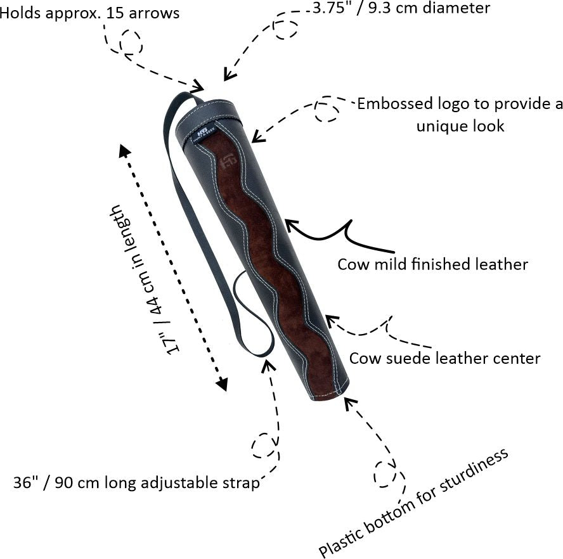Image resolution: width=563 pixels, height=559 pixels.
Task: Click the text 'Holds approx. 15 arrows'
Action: (89, 13)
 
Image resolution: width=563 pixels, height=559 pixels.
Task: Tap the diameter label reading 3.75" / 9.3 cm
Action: (401, 8)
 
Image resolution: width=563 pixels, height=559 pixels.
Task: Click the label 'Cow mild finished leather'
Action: (432, 264)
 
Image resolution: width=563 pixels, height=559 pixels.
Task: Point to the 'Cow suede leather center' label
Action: (445, 358)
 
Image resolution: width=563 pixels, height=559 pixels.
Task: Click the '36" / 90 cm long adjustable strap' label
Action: (136, 484)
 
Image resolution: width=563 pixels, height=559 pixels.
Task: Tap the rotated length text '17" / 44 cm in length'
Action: (145, 279)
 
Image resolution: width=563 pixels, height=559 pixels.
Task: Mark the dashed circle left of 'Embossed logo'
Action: (327, 112)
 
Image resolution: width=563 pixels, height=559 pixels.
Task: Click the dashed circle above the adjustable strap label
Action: (264, 446)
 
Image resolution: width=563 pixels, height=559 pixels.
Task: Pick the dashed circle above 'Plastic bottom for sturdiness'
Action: (385, 473)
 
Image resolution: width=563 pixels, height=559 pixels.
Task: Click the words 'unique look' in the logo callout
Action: (460, 125)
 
